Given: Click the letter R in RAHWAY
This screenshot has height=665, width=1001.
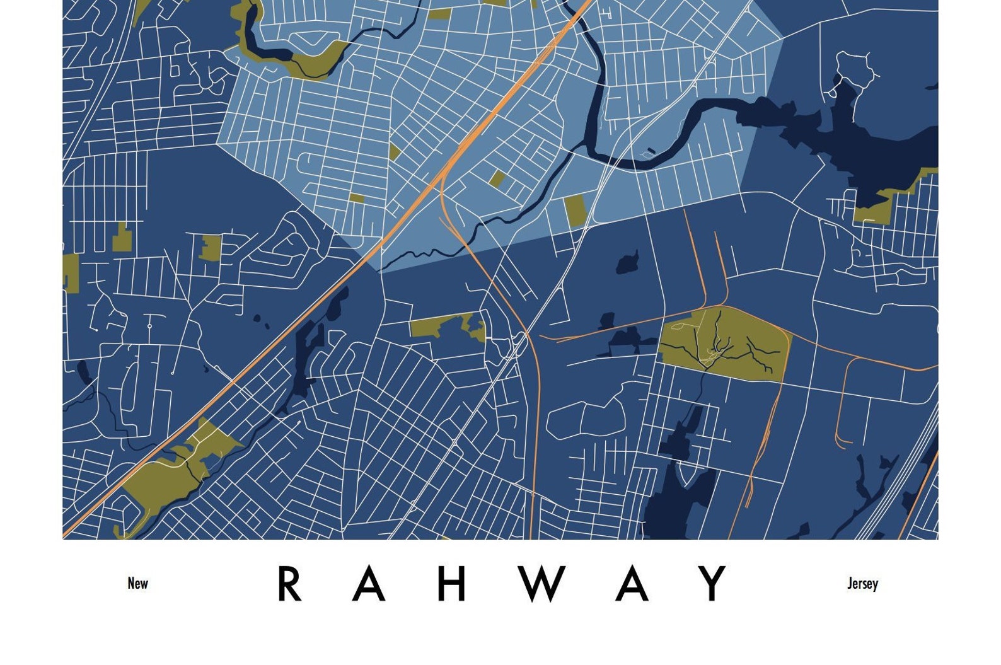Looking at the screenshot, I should pos(289,584).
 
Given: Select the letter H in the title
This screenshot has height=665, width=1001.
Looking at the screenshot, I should pos(451,584).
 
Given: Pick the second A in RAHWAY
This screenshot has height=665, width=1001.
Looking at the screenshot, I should pos(632,584).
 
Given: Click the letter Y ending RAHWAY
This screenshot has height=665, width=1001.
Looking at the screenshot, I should pos(714,584).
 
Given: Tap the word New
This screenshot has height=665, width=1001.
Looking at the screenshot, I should pos(137,583).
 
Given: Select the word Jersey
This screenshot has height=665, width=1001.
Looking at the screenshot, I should pos(862,583).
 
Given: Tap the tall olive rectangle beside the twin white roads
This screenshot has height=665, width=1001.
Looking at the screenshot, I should pos(574,211).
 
